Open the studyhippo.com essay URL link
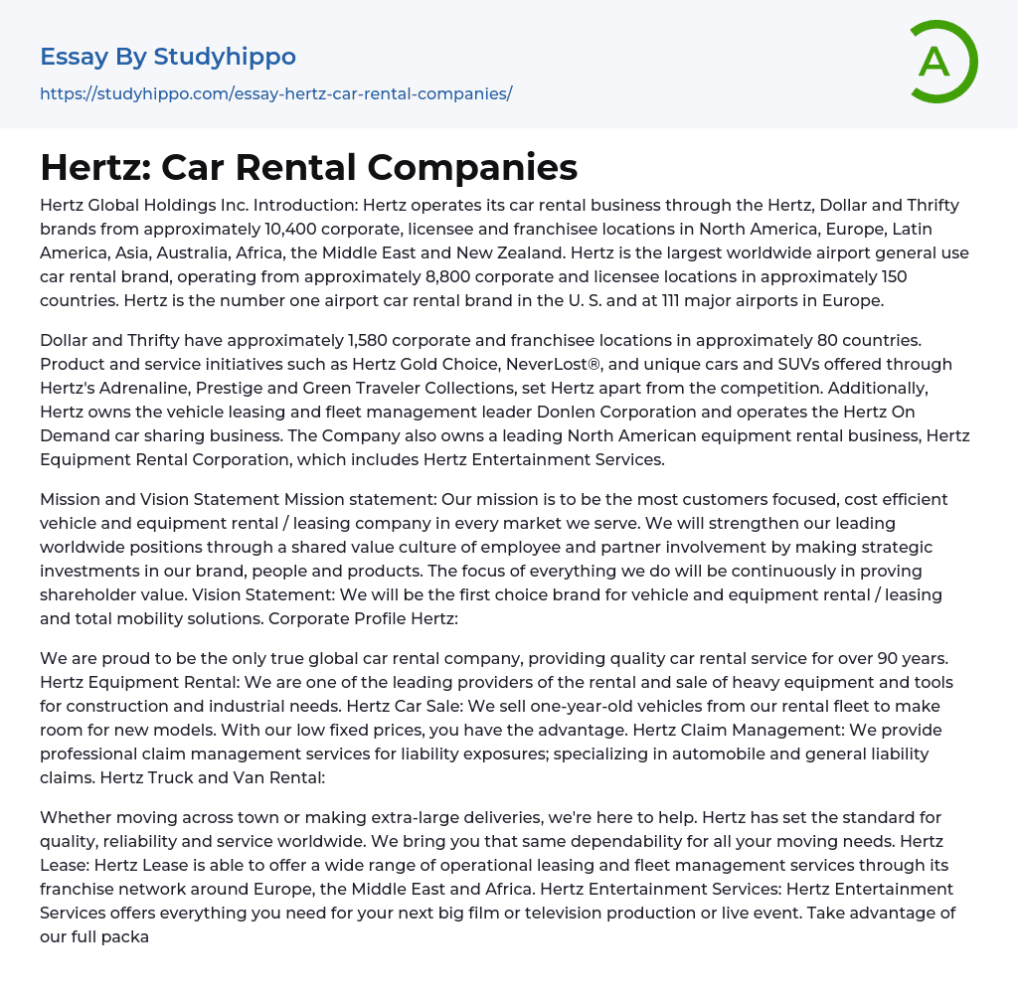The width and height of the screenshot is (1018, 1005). (x=275, y=94)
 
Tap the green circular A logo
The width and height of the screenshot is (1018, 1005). (x=937, y=62)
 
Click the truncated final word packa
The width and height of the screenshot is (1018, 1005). (x=123, y=936)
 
